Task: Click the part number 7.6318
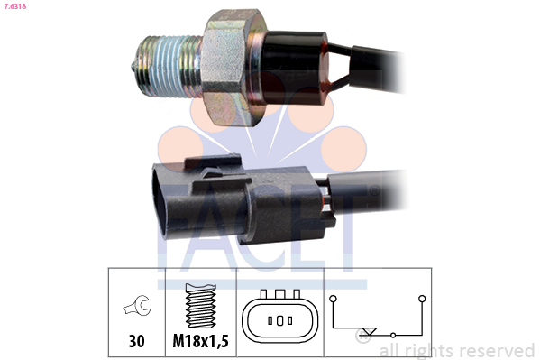(x=14, y=6)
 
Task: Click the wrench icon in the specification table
(x=137, y=306)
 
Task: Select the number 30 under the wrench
(x=137, y=341)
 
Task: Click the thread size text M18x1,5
(x=200, y=341)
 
